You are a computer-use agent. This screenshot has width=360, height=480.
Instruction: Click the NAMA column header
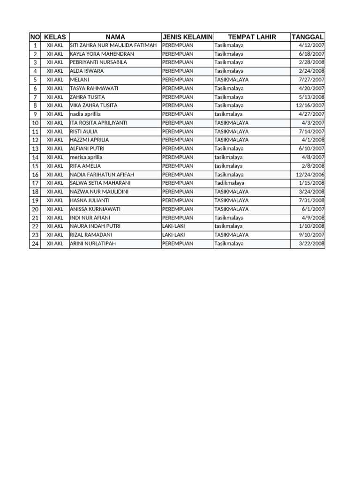tap(115, 37)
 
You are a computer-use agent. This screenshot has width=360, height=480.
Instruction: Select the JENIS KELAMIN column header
tap(187, 37)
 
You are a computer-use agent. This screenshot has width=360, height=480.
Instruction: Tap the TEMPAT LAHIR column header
tap(252, 37)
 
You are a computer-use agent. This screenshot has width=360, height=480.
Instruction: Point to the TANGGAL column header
tap(307, 37)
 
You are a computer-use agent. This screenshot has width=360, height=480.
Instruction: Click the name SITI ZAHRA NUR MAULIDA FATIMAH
tap(113, 45)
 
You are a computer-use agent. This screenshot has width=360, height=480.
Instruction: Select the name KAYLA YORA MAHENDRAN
tap(102, 54)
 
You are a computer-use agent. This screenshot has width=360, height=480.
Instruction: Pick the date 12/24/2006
tap(310, 174)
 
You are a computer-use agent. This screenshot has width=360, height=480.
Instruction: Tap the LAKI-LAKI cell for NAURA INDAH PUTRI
tap(173, 226)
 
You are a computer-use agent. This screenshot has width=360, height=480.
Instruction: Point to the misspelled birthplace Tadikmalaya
tap(229, 183)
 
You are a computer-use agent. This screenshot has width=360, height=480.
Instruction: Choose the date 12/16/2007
tap(310, 105)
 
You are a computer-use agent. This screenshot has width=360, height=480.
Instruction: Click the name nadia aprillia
tap(85, 114)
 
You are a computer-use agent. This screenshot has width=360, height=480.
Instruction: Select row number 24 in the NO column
tap(35, 244)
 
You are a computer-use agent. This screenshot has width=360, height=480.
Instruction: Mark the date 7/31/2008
tap(312, 200)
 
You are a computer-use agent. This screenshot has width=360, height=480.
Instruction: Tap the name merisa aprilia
tap(86, 157)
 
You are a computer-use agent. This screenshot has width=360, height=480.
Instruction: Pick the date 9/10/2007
tap(312, 235)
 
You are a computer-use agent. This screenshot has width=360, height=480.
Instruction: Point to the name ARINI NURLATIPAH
tap(93, 244)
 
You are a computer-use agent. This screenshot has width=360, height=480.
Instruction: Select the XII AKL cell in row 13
tap(55, 149)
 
